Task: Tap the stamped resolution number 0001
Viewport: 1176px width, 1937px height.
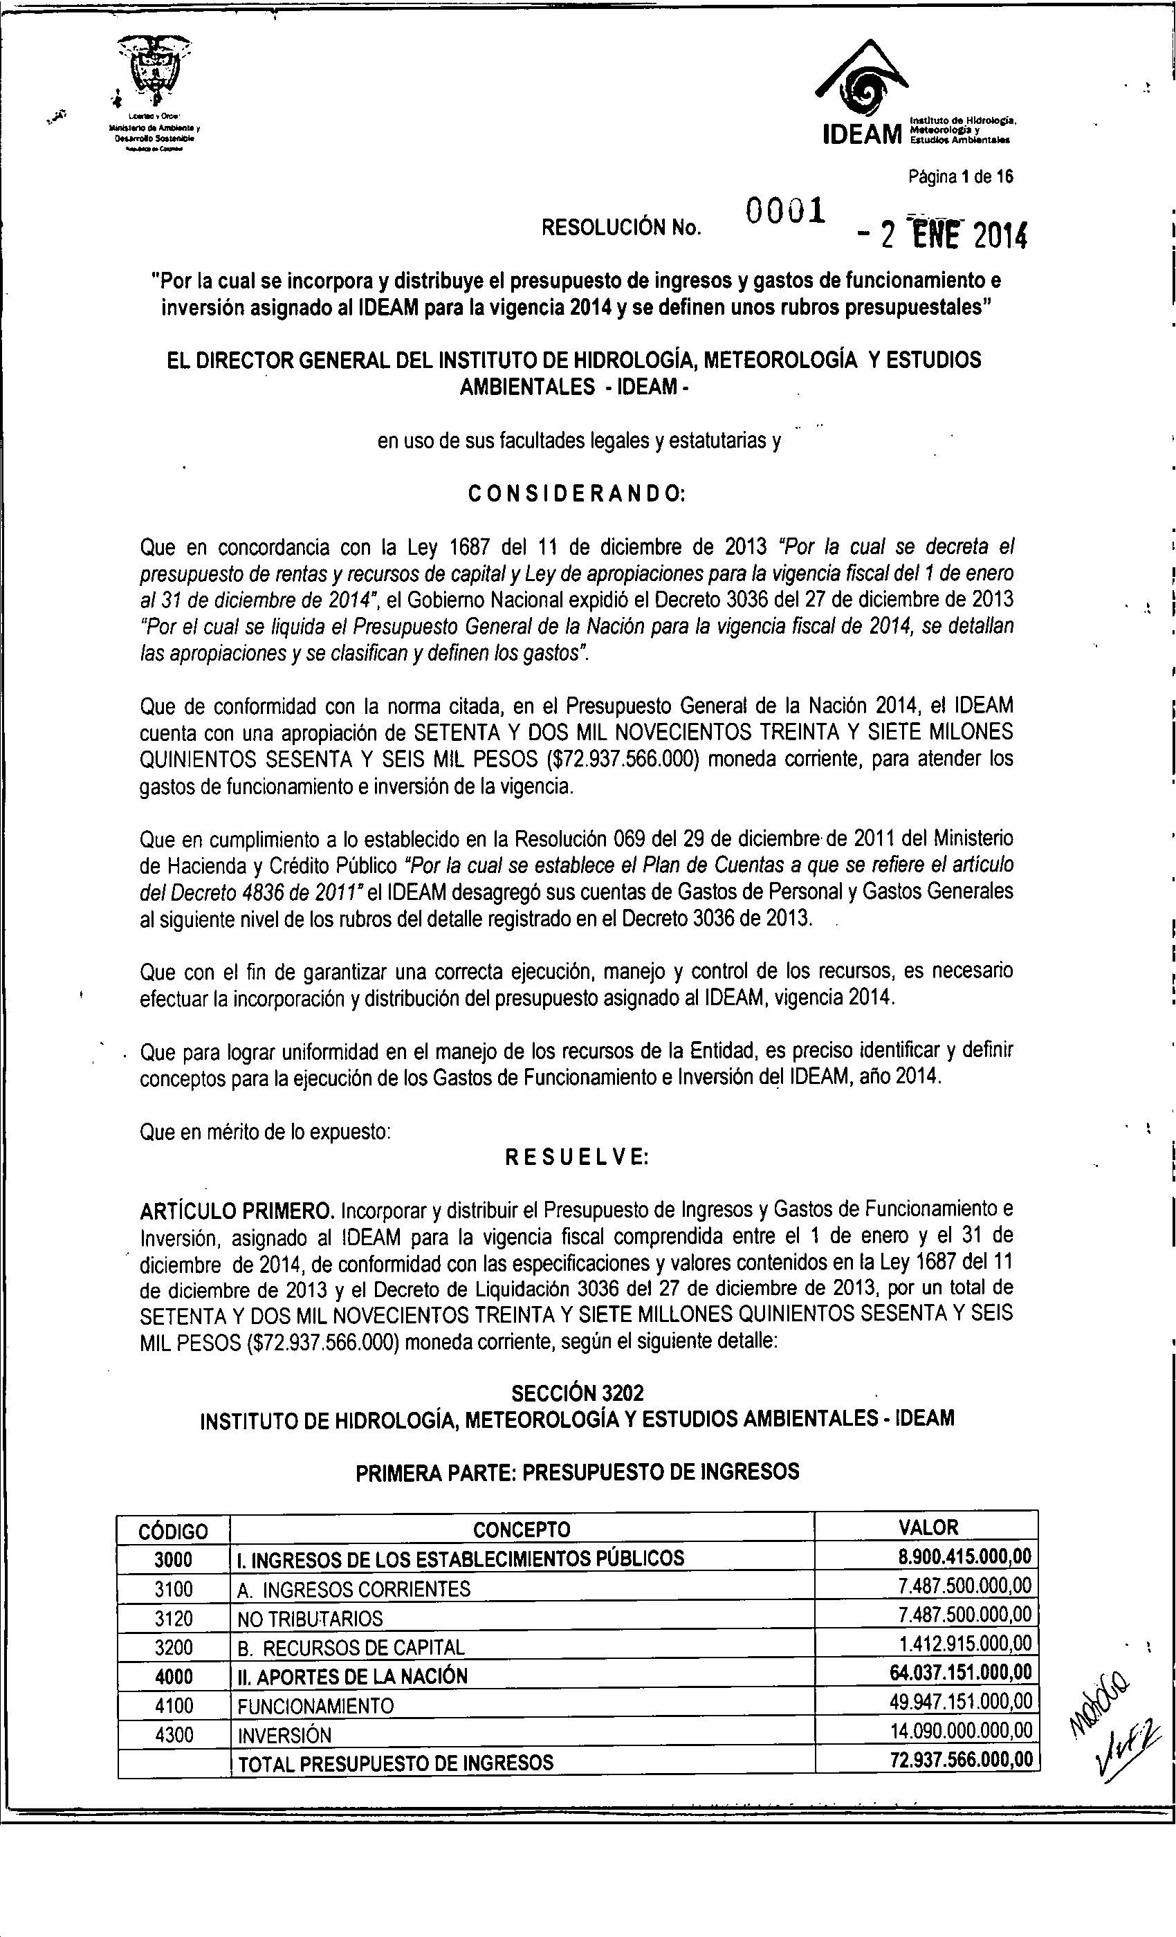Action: pyautogui.click(x=784, y=212)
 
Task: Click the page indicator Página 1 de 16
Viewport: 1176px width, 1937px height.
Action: pyautogui.click(x=960, y=177)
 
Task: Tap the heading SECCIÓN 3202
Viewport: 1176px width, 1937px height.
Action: pyautogui.click(x=577, y=1394)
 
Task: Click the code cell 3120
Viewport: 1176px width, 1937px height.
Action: pyautogui.click(x=173, y=1618)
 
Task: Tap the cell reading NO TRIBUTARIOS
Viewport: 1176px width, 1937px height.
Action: pyautogui.click(x=310, y=1619)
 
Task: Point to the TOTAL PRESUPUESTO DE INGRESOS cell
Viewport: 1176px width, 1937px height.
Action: pyautogui.click(x=396, y=1763)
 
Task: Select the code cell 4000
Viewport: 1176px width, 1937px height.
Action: pyautogui.click(x=173, y=1676)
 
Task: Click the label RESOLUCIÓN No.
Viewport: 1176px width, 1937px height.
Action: pyautogui.click(x=621, y=228)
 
